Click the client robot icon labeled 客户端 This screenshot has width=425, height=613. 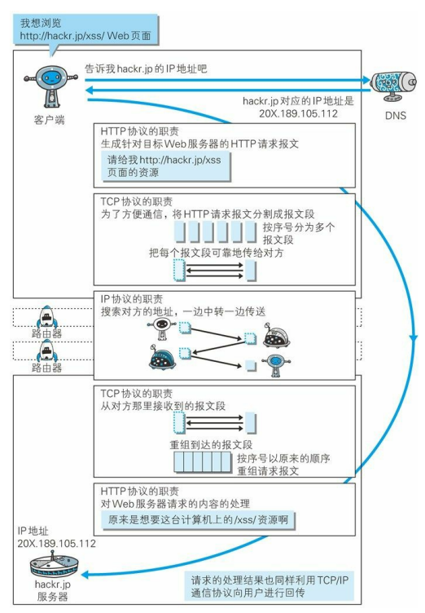pyautogui.click(x=50, y=86)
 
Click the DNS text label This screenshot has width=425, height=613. pyautogui.click(x=396, y=116)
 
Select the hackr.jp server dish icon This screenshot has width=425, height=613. pyautogui.click(x=54, y=563)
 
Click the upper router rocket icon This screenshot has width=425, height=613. pyautogui.click(x=47, y=317)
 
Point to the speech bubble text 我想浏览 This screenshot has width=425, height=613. pyautogui.click(x=41, y=23)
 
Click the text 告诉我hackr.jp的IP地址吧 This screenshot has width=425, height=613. pyautogui.click(x=146, y=69)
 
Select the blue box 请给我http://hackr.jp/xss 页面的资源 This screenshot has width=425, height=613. pyautogui.click(x=165, y=166)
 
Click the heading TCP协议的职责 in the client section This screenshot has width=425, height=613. pyautogui.click(x=136, y=201)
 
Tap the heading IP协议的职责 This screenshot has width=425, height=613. pyautogui.click(x=132, y=299)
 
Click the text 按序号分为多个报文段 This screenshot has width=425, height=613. pyautogui.click(x=299, y=233)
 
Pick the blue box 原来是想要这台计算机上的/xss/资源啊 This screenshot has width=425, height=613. pyautogui.click(x=198, y=520)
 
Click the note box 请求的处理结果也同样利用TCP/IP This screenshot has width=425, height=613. pyautogui.click(x=269, y=586)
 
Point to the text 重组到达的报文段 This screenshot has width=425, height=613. pyautogui.click(x=211, y=444)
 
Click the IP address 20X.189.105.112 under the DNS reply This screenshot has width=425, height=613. pyautogui.click(x=298, y=114)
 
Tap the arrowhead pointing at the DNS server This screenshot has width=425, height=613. pyautogui.click(x=366, y=80)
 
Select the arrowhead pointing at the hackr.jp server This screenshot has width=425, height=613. pyautogui.click(x=85, y=575)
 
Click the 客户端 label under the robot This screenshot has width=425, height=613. pyautogui.click(x=49, y=120)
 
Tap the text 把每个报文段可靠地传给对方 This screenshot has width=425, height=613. pyautogui.click(x=216, y=253)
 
